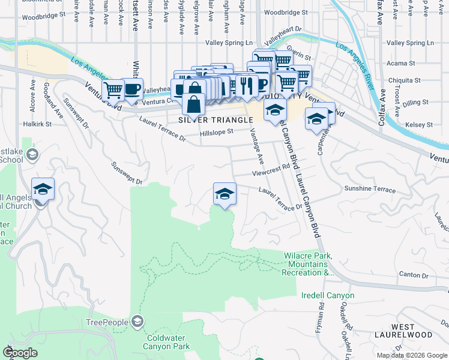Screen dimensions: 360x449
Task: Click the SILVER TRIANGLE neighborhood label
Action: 215,120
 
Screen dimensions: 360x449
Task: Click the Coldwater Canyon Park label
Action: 167,341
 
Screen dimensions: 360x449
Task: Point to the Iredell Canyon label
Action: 328,296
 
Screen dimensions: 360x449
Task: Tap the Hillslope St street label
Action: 216,133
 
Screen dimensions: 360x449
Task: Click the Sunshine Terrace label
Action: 370,188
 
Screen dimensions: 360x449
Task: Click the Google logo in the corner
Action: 20,353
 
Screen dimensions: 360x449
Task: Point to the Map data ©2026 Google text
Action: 412,355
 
